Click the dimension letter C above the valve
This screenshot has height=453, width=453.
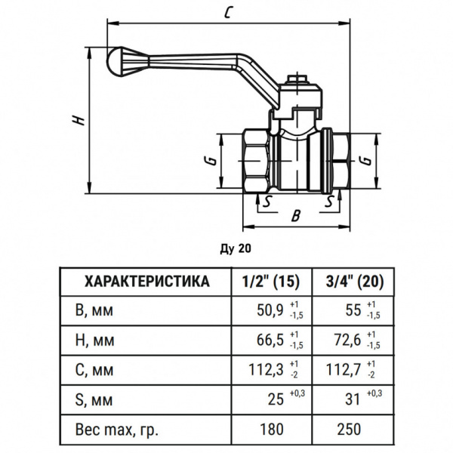tap(227, 13)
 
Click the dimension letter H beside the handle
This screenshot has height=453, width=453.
tap(76, 122)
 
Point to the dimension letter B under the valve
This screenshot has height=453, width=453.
tap(296, 216)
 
